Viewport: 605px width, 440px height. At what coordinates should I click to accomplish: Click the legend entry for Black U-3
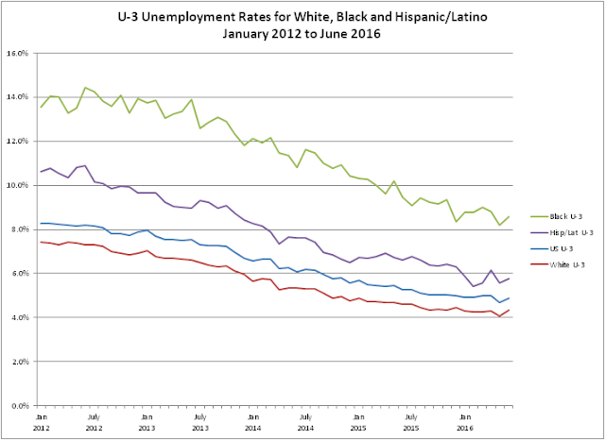(x=556, y=216)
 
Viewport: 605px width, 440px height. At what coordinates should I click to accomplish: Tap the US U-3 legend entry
(x=551, y=249)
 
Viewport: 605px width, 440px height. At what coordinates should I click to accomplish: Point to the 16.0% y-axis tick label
(x=18, y=53)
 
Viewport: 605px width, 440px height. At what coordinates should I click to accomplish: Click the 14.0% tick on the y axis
(x=18, y=97)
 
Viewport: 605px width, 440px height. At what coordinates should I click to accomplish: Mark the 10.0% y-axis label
(x=18, y=185)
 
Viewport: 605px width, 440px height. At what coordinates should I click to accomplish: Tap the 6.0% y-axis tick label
(x=20, y=274)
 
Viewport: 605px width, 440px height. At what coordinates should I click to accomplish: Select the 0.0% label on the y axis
(x=20, y=406)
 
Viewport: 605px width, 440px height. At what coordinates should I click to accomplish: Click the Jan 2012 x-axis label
(x=41, y=423)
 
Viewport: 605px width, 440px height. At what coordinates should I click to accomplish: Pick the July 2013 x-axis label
(x=199, y=423)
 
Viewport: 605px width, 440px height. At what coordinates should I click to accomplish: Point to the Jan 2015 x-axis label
(x=358, y=423)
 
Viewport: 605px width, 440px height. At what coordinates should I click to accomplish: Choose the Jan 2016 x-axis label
(x=465, y=423)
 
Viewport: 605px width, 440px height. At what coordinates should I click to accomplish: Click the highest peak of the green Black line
(x=85, y=88)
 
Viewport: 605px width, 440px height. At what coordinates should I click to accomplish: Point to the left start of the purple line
(x=41, y=172)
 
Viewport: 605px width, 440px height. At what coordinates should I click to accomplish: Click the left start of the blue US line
(x=41, y=223)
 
